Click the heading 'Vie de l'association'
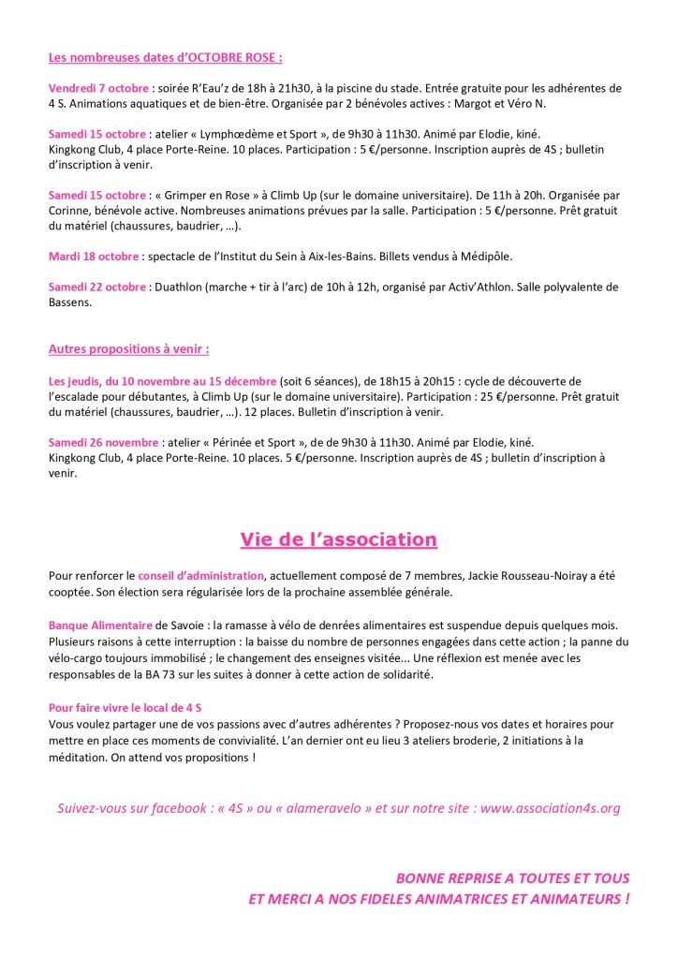(338, 539)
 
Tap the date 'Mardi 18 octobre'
(94, 255)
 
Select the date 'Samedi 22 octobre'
(97, 287)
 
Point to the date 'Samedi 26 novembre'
(102, 442)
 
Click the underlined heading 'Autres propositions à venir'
(128, 349)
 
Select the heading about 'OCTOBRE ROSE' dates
(165, 57)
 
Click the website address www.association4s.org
(550, 807)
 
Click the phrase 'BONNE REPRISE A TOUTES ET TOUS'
(512, 878)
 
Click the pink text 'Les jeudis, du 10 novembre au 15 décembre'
(162, 381)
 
